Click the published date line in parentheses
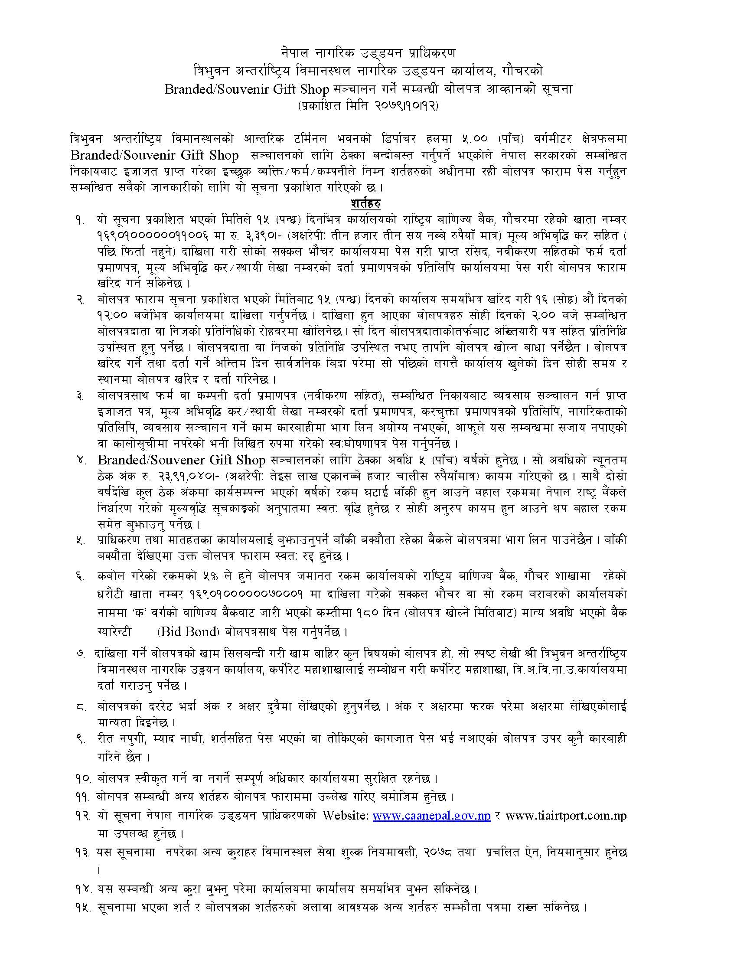368,106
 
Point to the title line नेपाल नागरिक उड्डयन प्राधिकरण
368,52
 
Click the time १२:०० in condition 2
113,315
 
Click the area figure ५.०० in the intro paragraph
495,139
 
